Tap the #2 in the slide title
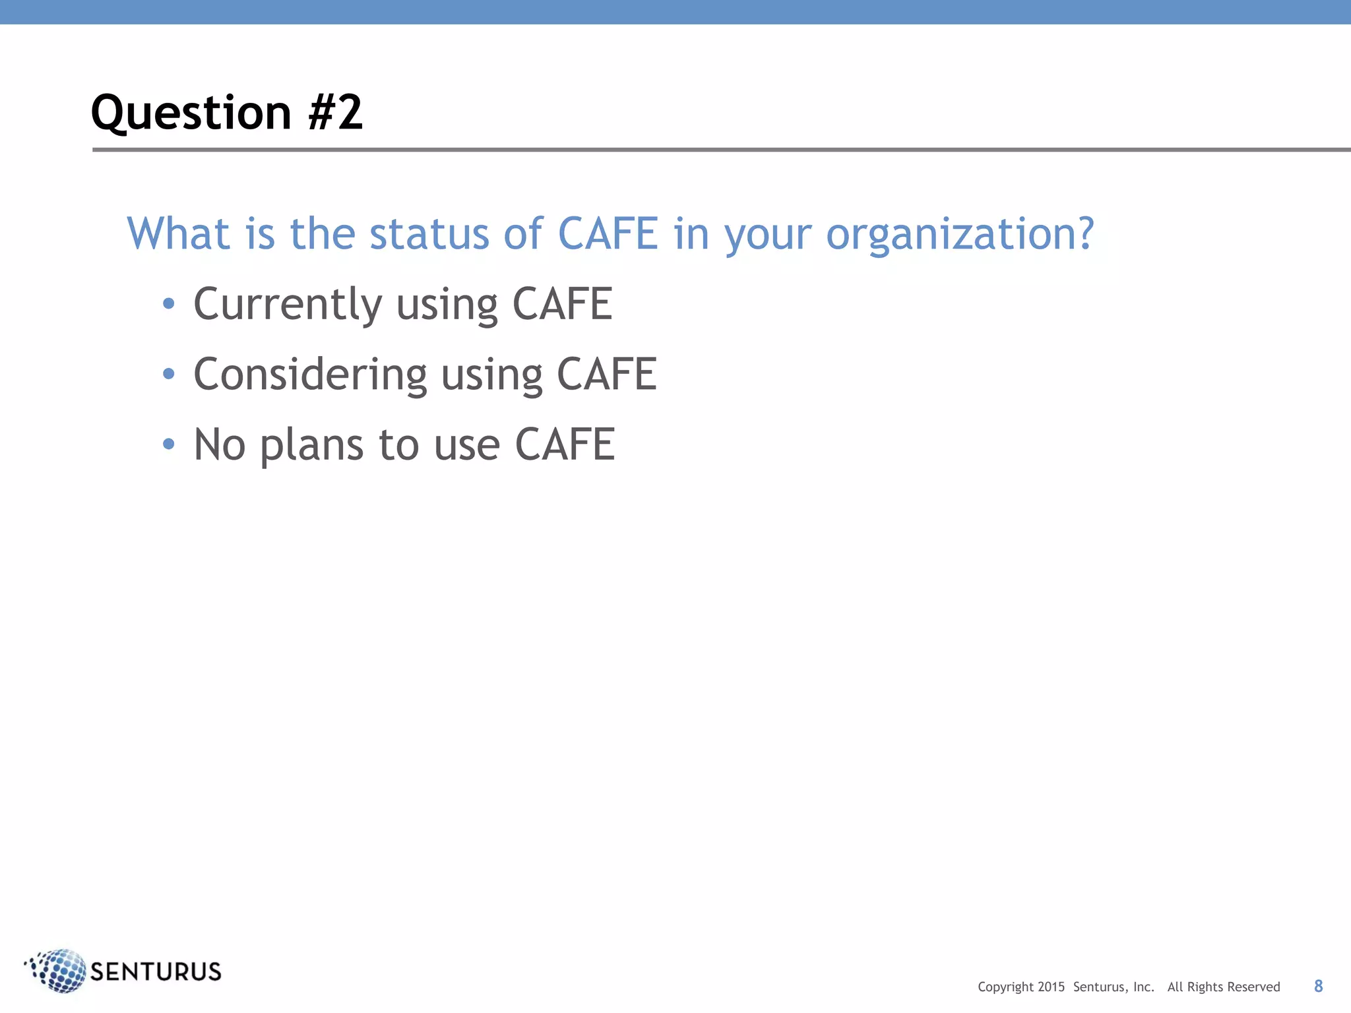coord(335,112)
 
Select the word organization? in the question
coord(960,235)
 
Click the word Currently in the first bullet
coord(288,305)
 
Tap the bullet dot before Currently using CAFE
coord(169,303)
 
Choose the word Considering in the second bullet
coord(310,375)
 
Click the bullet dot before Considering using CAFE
coord(169,374)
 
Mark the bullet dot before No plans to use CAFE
coord(169,444)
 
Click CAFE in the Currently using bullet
coord(562,304)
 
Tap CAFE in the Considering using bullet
coord(607,375)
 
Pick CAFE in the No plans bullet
coord(565,445)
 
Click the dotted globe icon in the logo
coord(58,970)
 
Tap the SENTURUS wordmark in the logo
coord(156,972)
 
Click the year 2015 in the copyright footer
coord(1051,987)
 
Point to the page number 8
coord(1318,986)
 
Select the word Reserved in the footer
coord(1253,987)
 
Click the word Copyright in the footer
coord(1005,987)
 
